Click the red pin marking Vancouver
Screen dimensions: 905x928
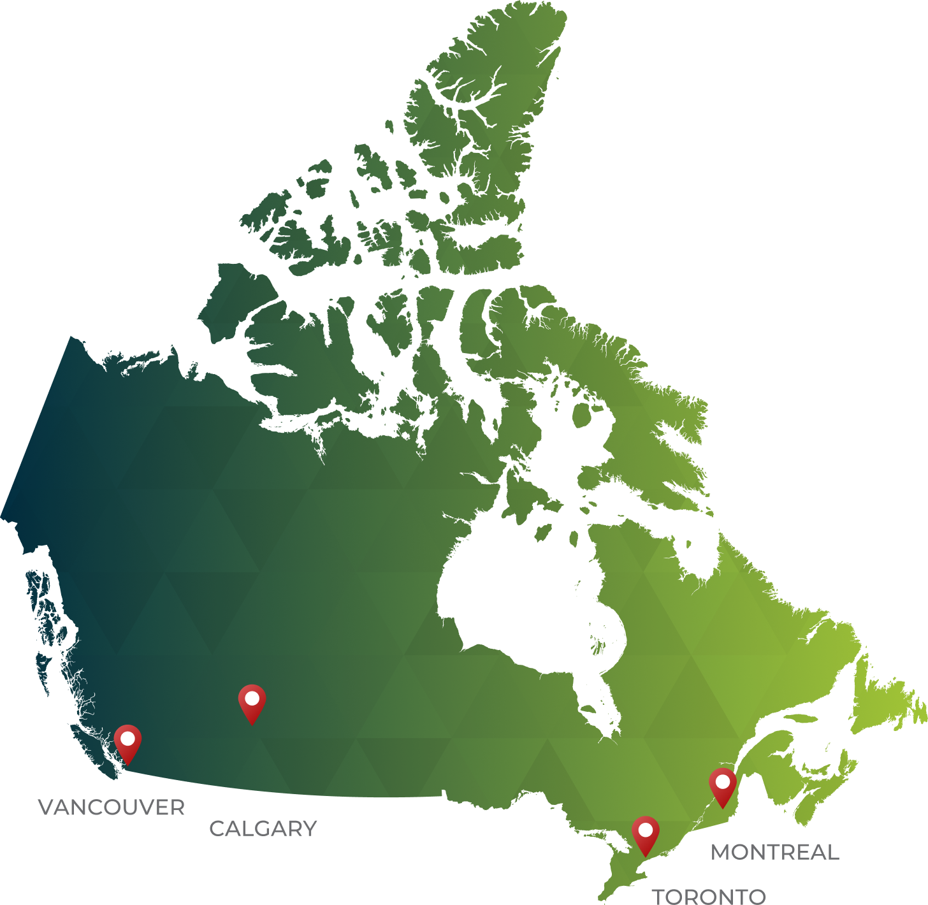coord(127,742)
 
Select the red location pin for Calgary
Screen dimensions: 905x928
coord(252,702)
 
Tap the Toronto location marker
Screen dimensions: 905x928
coord(646,834)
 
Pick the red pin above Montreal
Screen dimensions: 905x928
coord(723,785)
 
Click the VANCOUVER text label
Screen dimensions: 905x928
coord(112,807)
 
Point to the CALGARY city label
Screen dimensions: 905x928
coord(263,829)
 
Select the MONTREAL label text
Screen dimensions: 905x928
coord(774,852)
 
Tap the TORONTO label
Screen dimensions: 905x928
coord(708,896)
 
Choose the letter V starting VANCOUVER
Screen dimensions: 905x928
coord(45,807)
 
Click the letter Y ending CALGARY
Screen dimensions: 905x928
coord(310,829)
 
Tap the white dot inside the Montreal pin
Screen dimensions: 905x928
coord(723,781)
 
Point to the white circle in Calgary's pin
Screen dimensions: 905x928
coord(252,698)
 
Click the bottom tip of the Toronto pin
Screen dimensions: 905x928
coord(646,855)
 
